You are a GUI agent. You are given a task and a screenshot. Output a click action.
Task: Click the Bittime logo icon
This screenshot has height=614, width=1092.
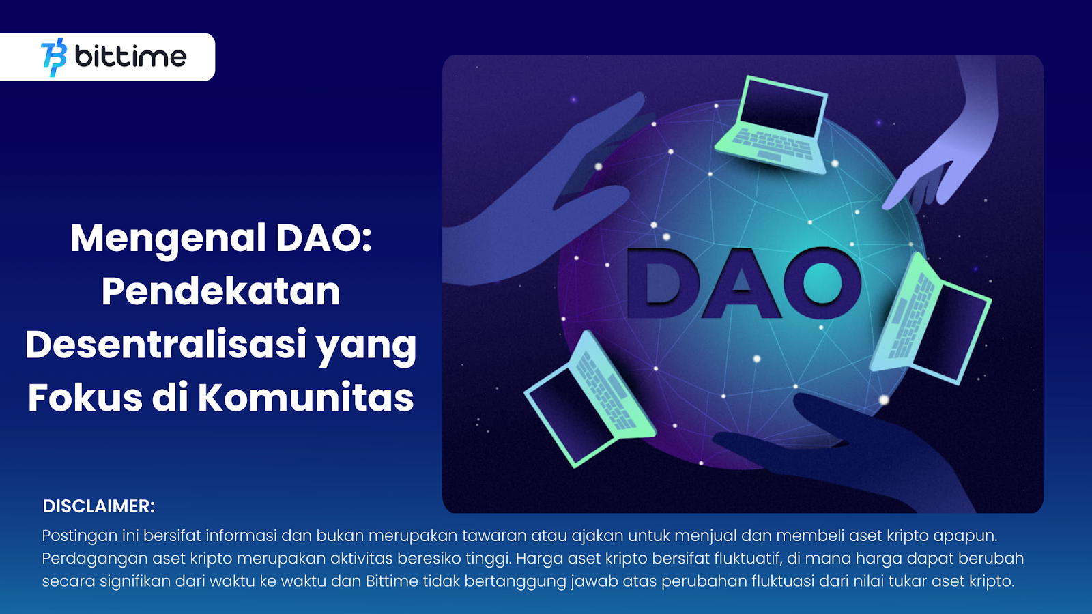pos(54,57)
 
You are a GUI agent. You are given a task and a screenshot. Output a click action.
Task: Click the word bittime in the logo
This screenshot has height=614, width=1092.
pos(130,57)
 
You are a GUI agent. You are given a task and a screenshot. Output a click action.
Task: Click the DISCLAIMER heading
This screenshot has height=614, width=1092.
pos(98,506)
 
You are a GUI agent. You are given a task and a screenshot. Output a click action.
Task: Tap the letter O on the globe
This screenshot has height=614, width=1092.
pos(822,282)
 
